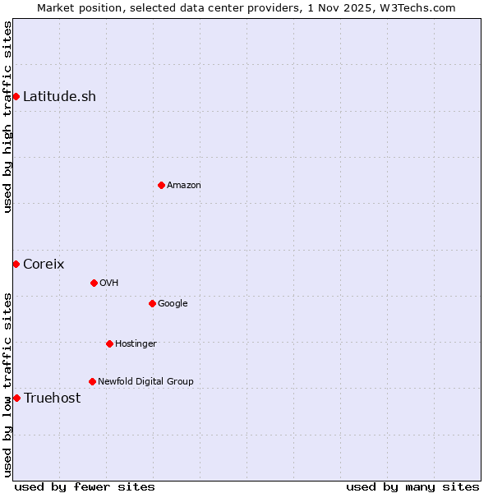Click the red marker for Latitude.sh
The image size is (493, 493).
point(16,97)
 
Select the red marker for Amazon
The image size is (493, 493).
point(161,185)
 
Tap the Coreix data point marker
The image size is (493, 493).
point(16,264)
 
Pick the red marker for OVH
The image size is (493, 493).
point(94,283)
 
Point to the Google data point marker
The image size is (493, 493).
point(152,303)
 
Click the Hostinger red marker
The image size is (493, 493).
point(109,343)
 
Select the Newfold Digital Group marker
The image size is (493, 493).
point(92,381)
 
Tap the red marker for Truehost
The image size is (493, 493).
point(16,398)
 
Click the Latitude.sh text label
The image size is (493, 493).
point(59,97)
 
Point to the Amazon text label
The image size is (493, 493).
point(183,185)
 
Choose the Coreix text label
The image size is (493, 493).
point(44,264)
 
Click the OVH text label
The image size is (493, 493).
point(108,283)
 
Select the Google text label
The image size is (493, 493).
point(173,303)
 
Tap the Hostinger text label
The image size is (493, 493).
point(136,343)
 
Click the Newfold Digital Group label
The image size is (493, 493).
point(145,381)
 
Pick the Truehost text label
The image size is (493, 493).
point(52,398)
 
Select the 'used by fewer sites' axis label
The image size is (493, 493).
point(85,486)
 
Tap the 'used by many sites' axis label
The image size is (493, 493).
point(412,486)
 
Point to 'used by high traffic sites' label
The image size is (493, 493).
point(7,117)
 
